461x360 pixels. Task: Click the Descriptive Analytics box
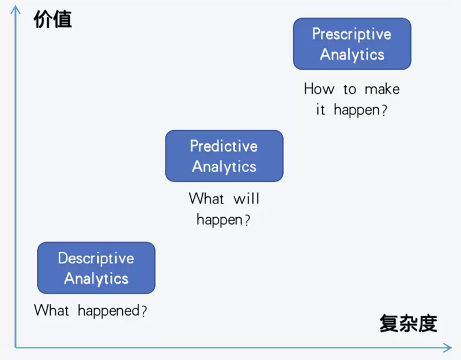(96, 268)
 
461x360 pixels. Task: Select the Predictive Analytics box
(224, 156)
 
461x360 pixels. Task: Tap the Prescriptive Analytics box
(352, 44)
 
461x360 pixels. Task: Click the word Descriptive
(96, 258)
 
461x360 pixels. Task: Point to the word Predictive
(224, 146)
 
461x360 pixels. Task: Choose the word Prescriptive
(352, 34)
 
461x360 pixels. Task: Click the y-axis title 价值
(53, 20)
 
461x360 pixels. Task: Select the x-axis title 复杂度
(408, 324)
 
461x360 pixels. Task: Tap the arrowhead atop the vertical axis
(16, 8)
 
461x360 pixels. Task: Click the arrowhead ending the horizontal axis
(448, 347)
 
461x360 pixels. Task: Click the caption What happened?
(90, 310)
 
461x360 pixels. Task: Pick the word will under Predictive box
(247, 199)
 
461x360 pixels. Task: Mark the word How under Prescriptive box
(319, 89)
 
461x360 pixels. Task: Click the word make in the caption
(381, 89)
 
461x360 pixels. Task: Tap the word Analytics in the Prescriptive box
(352, 55)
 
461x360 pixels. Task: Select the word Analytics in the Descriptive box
(96, 279)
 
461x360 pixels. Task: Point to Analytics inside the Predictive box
(224, 167)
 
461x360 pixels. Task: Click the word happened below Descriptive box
(108, 311)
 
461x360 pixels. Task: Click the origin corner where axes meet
(16, 347)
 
